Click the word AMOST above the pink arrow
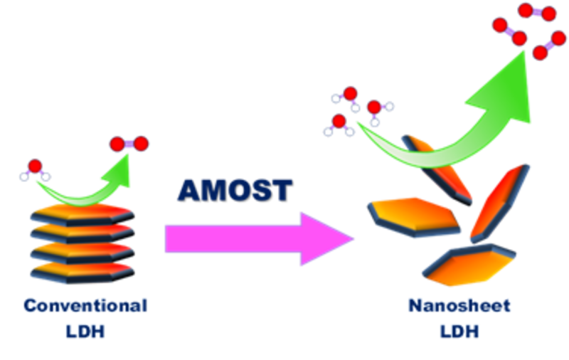point(234,190)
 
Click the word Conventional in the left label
point(85,306)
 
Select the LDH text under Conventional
point(85,332)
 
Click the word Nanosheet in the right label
point(460,306)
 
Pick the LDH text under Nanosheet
point(460,332)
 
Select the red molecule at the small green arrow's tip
point(129,144)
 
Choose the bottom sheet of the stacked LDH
point(82,270)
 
